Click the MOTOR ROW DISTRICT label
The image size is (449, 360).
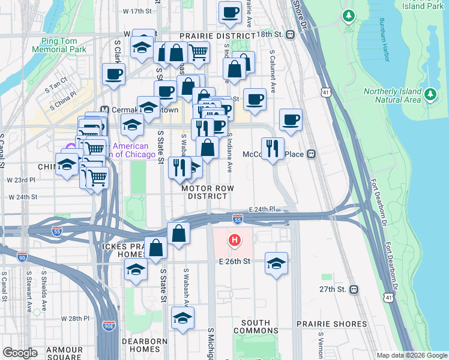pyautogui.click(x=207, y=191)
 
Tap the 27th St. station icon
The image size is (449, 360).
pyautogui.click(x=354, y=289)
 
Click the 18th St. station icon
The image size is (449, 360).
pyautogui.click(x=290, y=35)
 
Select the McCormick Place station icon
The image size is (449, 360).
pyautogui.click(x=311, y=154)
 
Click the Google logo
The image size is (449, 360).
pyautogui.click(x=20, y=353)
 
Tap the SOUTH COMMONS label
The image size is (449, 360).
pyautogui.click(x=256, y=326)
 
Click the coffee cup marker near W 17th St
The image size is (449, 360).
pyautogui.click(x=229, y=12)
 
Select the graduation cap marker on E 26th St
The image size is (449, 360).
pyautogui.click(x=276, y=263)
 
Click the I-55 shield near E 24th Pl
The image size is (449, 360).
pyautogui.click(x=238, y=220)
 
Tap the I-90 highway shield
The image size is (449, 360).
pyautogui.click(x=22, y=257)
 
